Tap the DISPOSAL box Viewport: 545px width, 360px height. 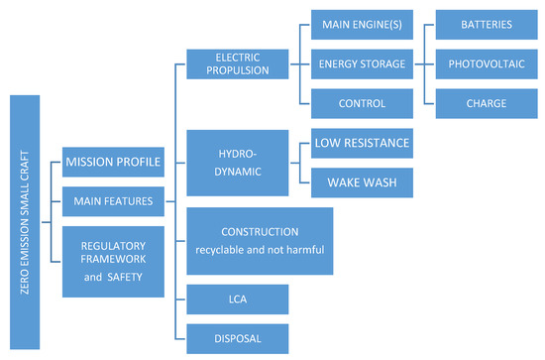click(x=237, y=338)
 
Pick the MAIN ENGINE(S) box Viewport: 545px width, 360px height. click(x=361, y=23)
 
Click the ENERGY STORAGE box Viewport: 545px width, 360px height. click(x=361, y=63)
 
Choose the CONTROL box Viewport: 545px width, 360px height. click(x=361, y=102)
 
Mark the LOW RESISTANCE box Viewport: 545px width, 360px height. click(x=361, y=143)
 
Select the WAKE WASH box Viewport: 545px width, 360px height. click(x=361, y=181)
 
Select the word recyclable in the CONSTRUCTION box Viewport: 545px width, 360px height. click(x=227, y=249)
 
